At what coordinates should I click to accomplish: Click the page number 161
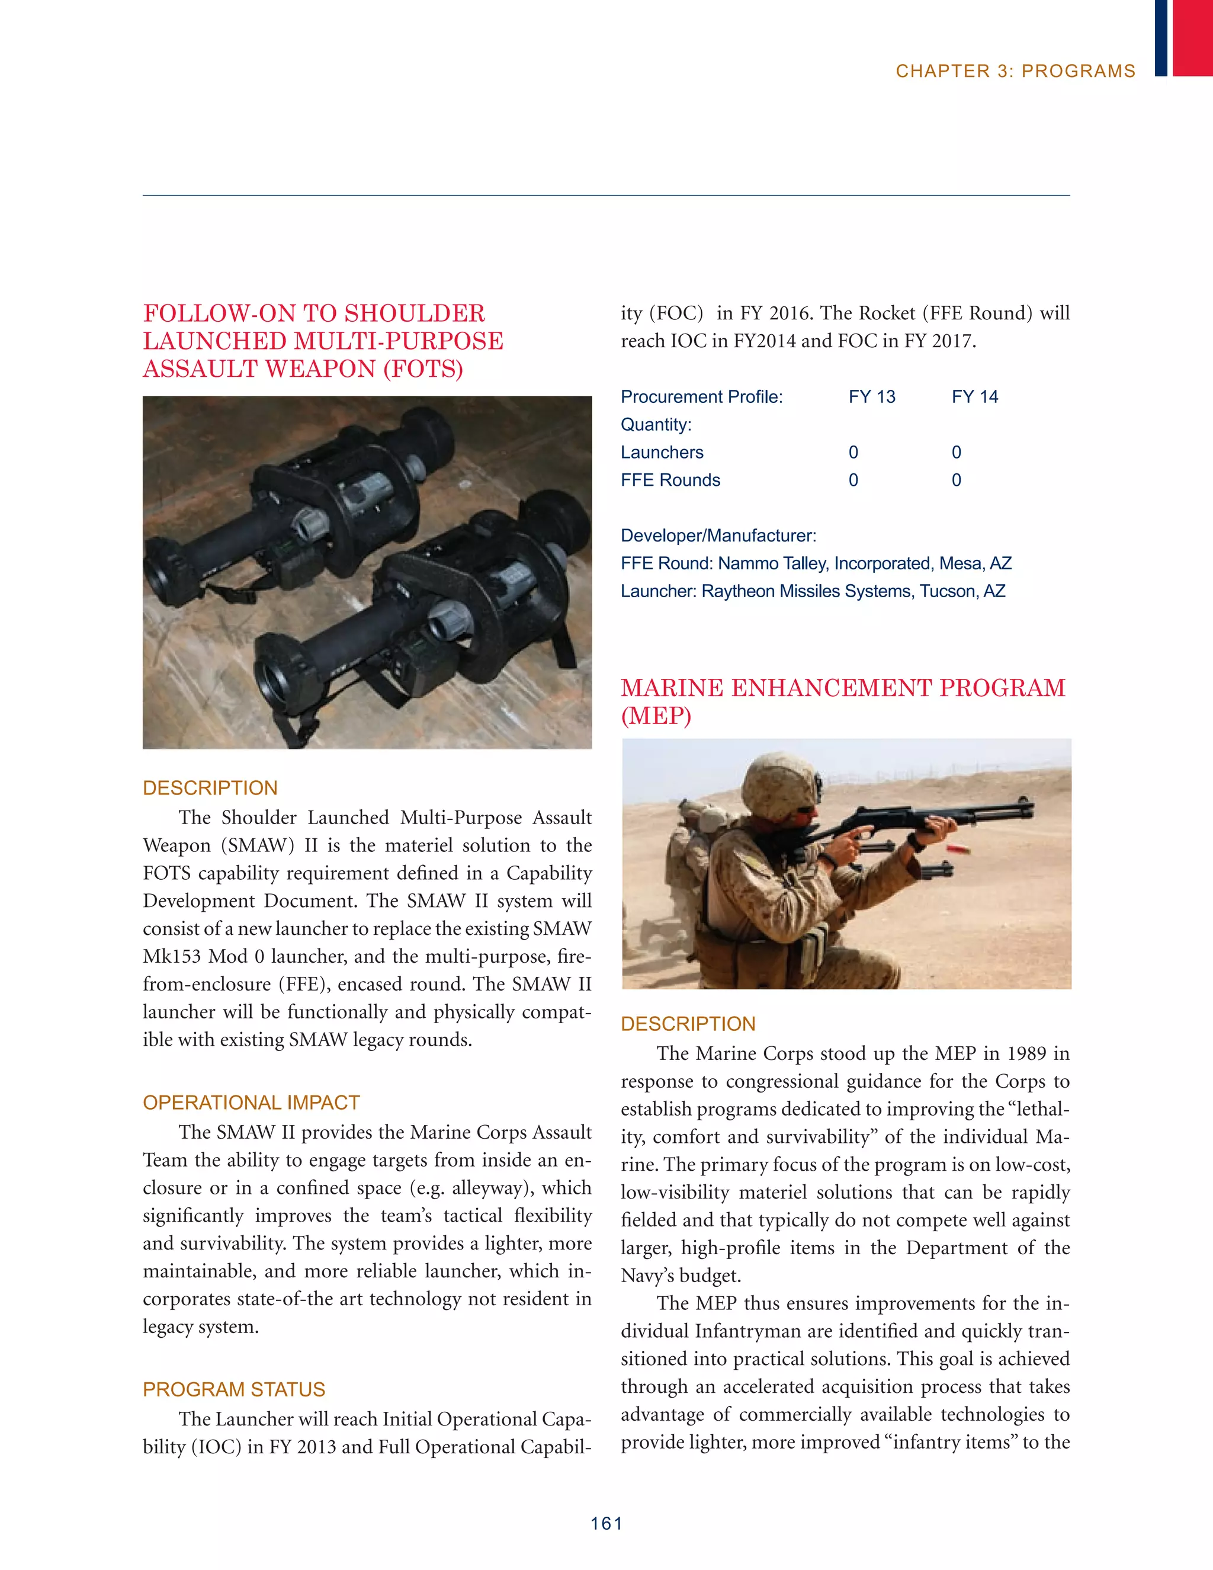(x=606, y=1523)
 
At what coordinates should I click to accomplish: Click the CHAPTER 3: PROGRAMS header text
(x=1015, y=71)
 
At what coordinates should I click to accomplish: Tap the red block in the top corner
(x=1192, y=37)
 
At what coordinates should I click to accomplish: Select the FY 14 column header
(x=974, y=397)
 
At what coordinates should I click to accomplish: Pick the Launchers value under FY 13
(x=853, y=452)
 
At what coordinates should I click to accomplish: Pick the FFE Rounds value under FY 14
(x=956, y=480)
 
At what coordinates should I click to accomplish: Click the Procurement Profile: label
(x=701, y=397)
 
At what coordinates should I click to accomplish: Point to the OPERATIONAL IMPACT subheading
(x=251, y=1102)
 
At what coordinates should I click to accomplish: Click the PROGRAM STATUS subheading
(x=233, y=1389)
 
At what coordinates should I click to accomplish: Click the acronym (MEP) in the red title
(x=656, y=716)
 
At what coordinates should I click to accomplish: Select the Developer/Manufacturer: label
(x=718, y=536)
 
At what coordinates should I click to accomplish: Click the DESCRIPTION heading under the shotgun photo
(x=688, y=1024)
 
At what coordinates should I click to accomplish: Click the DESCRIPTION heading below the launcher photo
(x=210, y=788)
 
